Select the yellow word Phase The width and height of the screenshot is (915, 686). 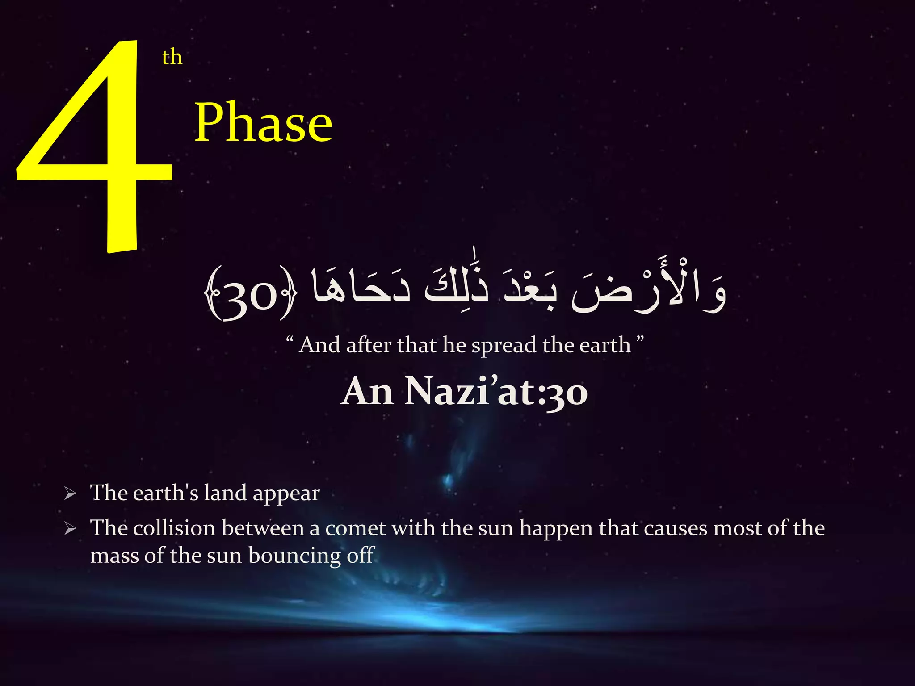(263, 123)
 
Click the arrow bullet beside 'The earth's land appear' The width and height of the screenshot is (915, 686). (70, 494)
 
